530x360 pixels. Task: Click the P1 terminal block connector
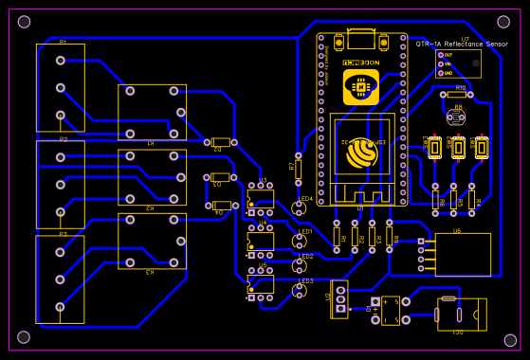(60, 88)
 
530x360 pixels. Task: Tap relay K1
(152, 113)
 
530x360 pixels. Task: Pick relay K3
(152, 243)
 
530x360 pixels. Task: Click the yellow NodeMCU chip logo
(360, 87)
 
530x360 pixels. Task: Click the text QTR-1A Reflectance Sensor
(461, 45)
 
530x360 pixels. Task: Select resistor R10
(460, 94)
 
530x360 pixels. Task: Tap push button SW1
(435, 147)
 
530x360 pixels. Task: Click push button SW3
(482, 147)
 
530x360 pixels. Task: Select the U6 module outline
(462, 254)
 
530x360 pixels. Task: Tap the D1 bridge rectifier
(389, 308)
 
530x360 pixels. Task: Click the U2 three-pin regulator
(339, 297)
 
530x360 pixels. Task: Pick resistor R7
(297, 168)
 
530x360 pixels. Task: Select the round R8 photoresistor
(457, 116)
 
